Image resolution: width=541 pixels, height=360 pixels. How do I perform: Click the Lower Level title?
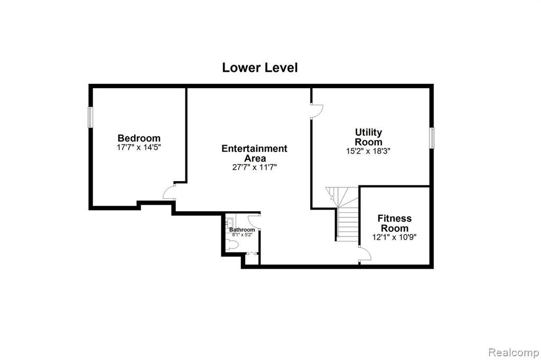(260, 68)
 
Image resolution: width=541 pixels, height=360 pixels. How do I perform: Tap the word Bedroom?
(139, 138)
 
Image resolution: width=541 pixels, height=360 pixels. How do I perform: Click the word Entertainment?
(254, 149)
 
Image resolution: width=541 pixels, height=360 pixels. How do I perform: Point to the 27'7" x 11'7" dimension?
(255, 167)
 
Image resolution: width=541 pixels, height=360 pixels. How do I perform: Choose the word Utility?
(368, 132)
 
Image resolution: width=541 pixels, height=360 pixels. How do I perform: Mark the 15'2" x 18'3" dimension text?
(368, 151)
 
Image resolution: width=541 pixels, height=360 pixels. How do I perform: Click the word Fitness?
(394, 219)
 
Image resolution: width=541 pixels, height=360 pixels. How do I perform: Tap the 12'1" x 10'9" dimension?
(394, 237)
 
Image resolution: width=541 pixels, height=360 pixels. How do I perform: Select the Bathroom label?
(242, 230)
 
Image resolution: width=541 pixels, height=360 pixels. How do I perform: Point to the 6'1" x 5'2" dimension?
(242, 235)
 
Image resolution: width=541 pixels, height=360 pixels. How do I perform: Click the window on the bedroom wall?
(90, 117)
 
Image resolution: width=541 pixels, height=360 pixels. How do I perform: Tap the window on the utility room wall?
(432, 138)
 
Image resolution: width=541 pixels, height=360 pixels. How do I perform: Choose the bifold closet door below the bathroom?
(252, 254)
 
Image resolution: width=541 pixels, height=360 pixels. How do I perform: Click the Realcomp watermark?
(514, 353)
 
